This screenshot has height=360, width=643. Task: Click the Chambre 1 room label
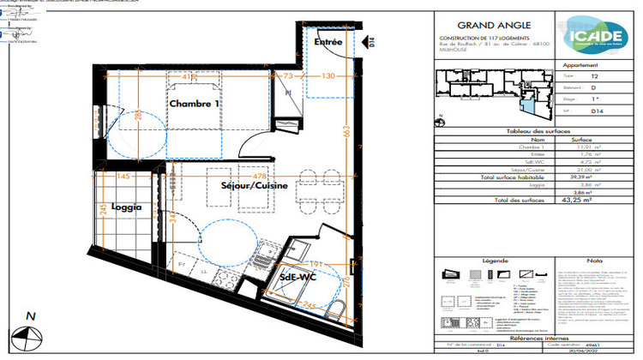click(x=195, y=103)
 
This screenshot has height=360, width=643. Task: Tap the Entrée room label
click(x=328, y=42)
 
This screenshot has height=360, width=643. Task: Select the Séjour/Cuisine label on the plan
click(x=254, y=185)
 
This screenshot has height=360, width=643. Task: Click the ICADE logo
click(x=592, y=37)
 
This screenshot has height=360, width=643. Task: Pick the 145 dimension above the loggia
click(x=124, y=177)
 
